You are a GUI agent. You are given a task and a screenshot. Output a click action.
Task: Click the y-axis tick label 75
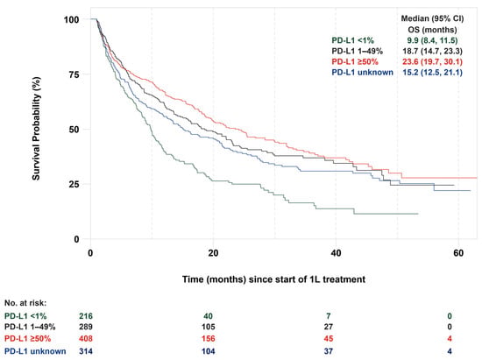point(73,74)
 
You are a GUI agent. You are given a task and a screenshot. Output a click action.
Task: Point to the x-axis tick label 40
point(336,253)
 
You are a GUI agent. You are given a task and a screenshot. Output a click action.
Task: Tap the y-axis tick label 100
point(71,19)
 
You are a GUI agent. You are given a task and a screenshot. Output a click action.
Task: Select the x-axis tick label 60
point(458,253)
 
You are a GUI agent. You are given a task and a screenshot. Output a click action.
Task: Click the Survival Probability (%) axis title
point(36,129)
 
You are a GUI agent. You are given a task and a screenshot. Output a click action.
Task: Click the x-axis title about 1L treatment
point(273,279)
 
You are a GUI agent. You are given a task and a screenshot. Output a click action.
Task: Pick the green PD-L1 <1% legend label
point(352,40)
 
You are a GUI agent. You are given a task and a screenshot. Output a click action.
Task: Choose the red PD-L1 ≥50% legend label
point(355,61)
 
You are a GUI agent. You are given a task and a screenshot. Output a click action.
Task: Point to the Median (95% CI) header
point(432,18)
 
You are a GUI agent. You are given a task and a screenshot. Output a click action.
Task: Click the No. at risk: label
point(25,303)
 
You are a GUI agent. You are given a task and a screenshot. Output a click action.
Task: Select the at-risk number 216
point(86,316)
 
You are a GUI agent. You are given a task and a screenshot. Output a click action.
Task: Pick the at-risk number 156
point(208,339)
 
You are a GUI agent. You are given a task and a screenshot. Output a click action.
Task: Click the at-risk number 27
point(329,327)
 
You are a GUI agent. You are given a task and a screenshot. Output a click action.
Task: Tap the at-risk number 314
point(86,351)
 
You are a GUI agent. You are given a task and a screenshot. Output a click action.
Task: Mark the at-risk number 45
point(329,339)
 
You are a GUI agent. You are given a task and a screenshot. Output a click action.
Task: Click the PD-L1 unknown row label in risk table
point(35,351)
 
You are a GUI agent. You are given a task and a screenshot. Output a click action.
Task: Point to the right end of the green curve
point(418,214)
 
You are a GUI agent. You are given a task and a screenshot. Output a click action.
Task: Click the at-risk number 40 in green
point(208,316)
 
